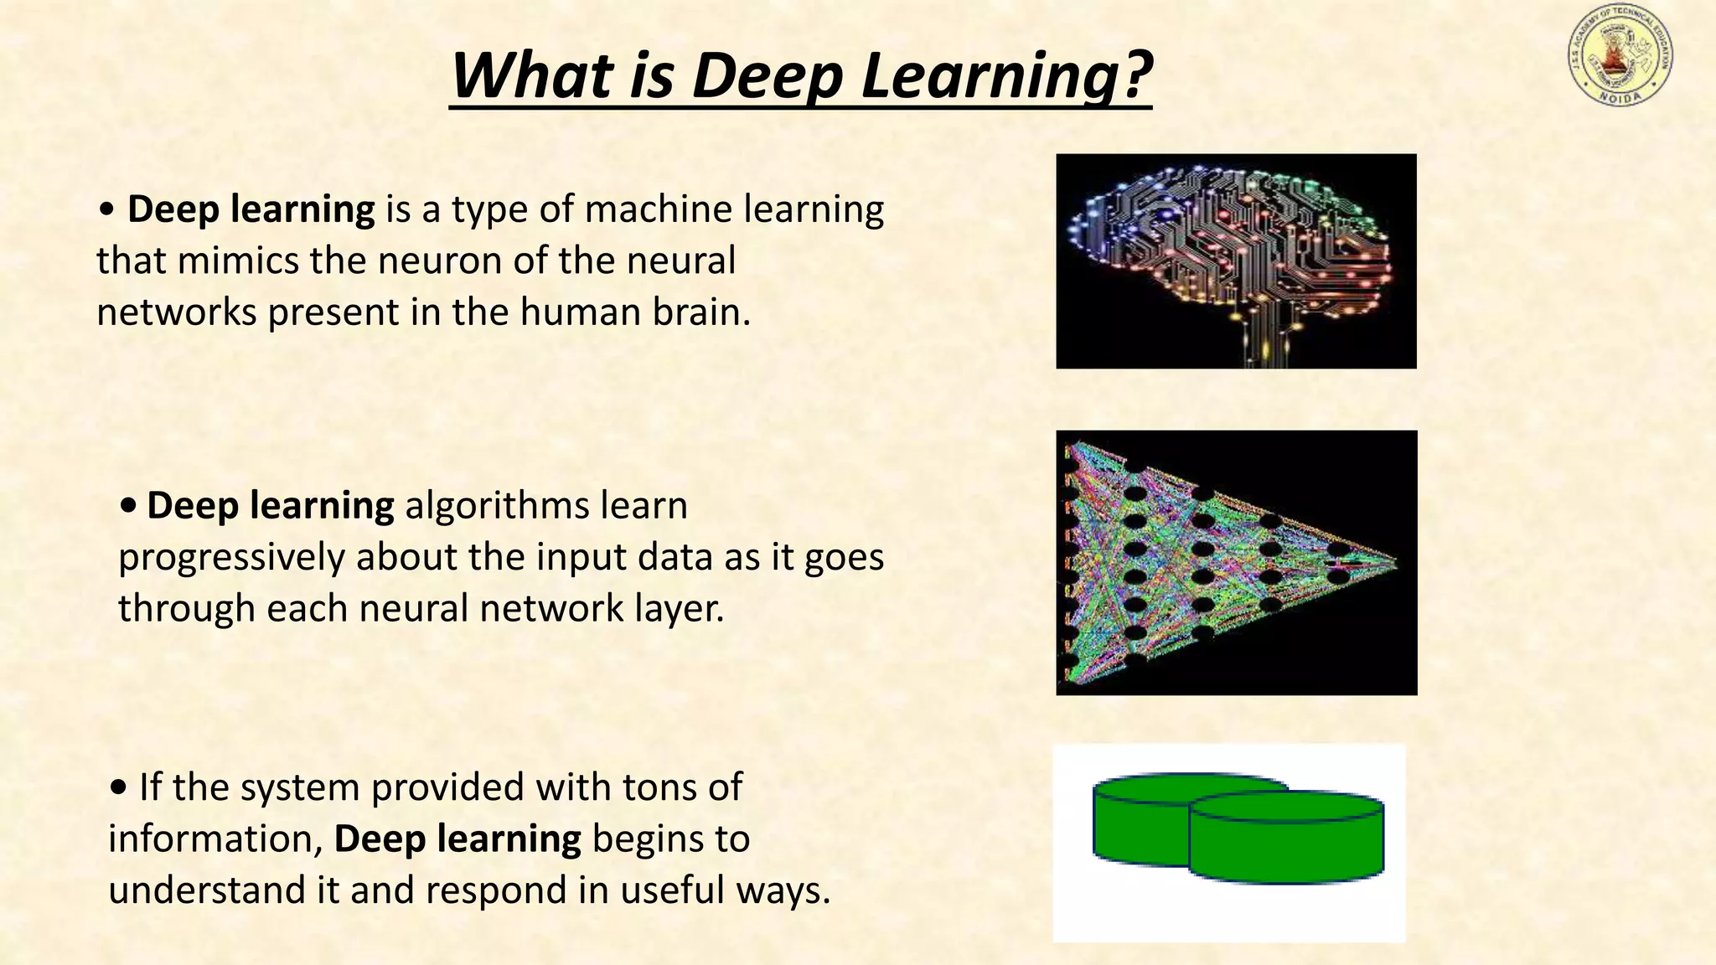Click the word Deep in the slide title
click(766, 76)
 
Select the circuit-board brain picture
click(1236, 261)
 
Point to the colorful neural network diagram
click(1236, 562)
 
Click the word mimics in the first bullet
click(238, 261)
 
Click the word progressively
click(231, 558)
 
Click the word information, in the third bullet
click(216, 839)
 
